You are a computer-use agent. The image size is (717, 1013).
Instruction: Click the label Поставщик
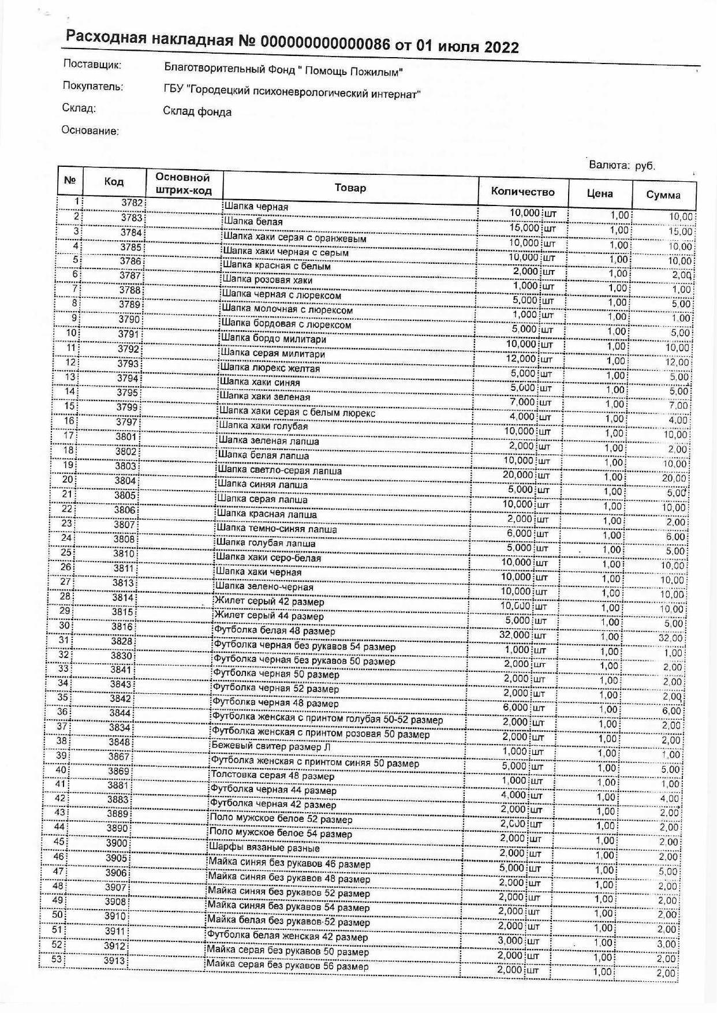pos(92,65)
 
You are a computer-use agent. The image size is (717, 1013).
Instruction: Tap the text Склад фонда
pos(197,111)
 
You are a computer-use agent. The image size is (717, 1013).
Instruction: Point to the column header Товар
pos(350,188)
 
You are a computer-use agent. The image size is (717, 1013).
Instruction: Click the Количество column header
pos(522,192)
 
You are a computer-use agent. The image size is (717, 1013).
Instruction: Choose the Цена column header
pos(600,193)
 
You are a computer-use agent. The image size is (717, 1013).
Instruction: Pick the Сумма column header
pos(663,195)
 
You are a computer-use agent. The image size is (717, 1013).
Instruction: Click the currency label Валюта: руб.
pos(622,166)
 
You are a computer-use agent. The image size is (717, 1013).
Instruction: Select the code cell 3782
pos(132,203)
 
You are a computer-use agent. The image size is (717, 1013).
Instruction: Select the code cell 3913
pos(115,961)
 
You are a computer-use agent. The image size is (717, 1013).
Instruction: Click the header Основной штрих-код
pos(183,184)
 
